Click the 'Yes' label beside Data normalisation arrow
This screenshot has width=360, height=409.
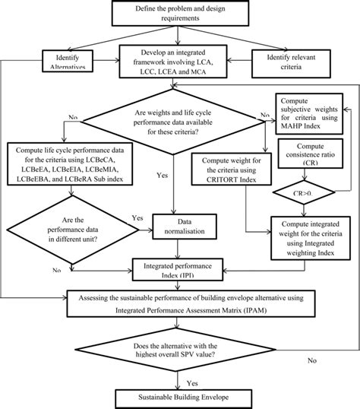tap(137, 217)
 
